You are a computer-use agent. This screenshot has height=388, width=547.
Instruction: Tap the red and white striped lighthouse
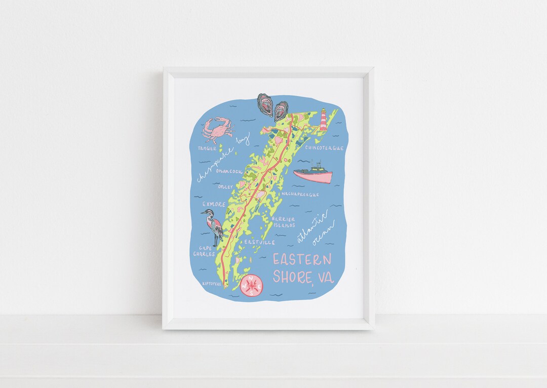click(x=323, y=120)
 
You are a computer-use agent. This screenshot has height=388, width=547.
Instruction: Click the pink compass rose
click(x=252, y=285)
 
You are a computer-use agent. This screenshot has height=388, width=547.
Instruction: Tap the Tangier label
click(x=207, y=148)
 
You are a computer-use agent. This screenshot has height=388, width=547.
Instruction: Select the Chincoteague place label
click(x=324, y=148)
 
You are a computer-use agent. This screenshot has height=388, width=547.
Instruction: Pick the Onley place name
click(x=225, y=187)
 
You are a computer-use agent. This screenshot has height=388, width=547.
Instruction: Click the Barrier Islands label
click(x=283, y=222)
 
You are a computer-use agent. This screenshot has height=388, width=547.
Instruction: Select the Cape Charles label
click(x=207, y=251)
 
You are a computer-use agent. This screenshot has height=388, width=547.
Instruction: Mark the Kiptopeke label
click(x=211, y=284)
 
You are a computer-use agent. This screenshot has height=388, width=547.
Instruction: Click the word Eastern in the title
click(x=302, y=260)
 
